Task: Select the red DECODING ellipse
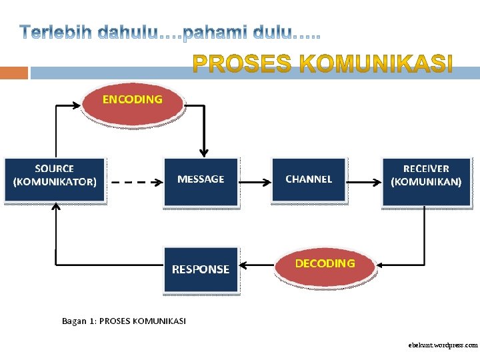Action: (325, 266)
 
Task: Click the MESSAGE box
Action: (201, 180)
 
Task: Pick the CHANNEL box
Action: (309, 179)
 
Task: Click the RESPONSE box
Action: (201, 269)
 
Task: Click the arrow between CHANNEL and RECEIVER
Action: (363, 181)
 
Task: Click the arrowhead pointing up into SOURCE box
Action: (56, 207)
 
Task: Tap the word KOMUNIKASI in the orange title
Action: (379, 65)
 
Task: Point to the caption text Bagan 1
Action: (79, 321)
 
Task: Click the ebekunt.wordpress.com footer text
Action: (443, 345)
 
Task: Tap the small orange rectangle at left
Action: (13, 73)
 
